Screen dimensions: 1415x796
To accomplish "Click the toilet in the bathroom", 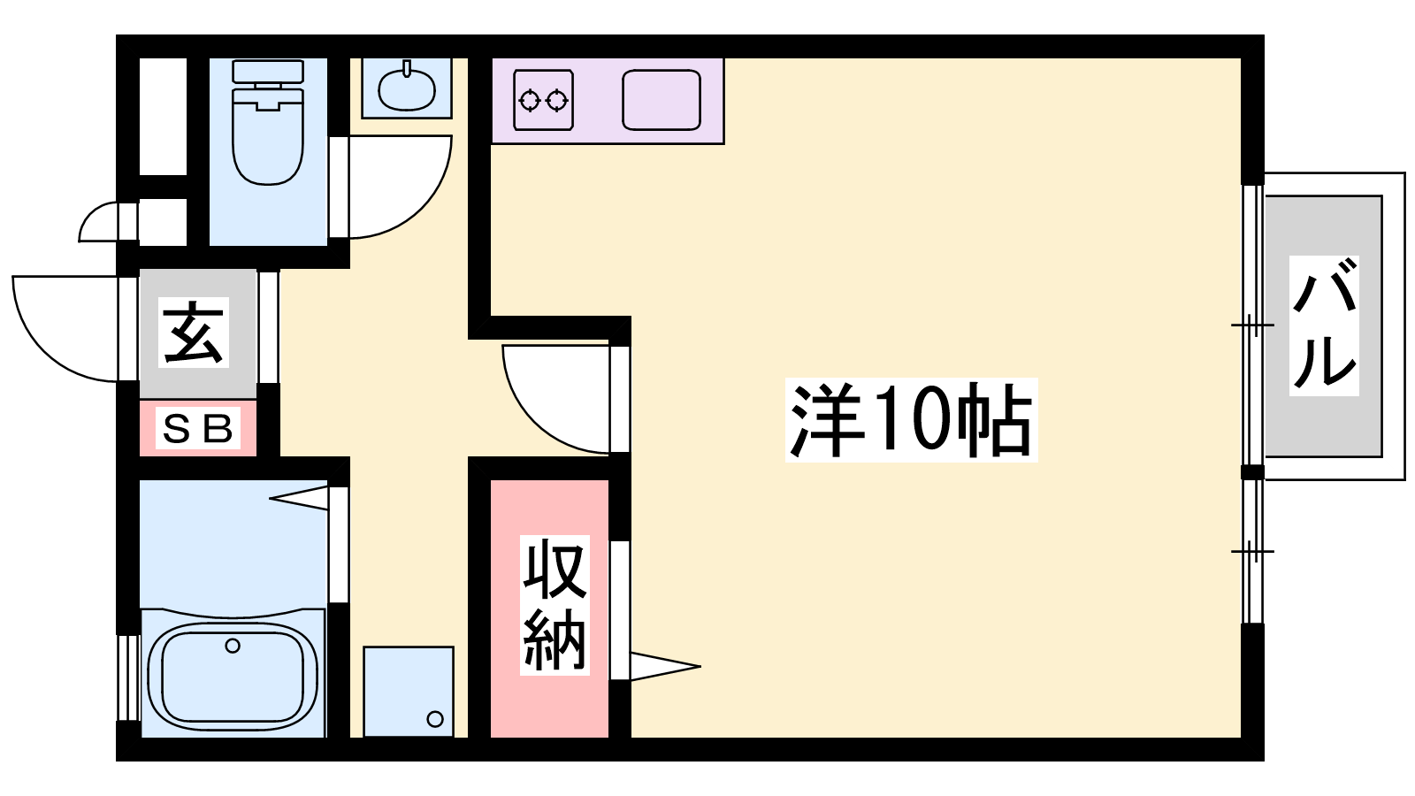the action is click(269, 122).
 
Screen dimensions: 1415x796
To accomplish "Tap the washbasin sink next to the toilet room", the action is click(407, 89).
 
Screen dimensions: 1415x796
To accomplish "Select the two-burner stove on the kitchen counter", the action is click(543, 100).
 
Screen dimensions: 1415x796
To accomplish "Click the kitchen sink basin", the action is click(662, 100).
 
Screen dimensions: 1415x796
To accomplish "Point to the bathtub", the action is click(233, 677).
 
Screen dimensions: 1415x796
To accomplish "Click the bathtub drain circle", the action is click(233, 646).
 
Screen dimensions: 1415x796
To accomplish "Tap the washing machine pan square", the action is click(408, 691).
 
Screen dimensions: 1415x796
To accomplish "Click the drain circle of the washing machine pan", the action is click(434, 718).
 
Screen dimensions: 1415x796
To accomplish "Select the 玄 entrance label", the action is click(194, 333).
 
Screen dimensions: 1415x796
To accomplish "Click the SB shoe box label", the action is click(198, 428).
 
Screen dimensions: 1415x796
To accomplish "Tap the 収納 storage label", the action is click(555, 605).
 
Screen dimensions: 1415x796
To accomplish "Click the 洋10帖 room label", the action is click(911, 419).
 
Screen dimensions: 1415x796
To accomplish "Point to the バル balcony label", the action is click(1324, 325).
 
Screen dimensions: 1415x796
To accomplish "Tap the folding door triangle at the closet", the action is click(664, 667).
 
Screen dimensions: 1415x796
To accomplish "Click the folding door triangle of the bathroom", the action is click(299, 498).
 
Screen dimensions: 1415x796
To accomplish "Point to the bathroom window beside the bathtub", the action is click(129, 677).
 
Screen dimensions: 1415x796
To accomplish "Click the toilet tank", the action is click(268, 71).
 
